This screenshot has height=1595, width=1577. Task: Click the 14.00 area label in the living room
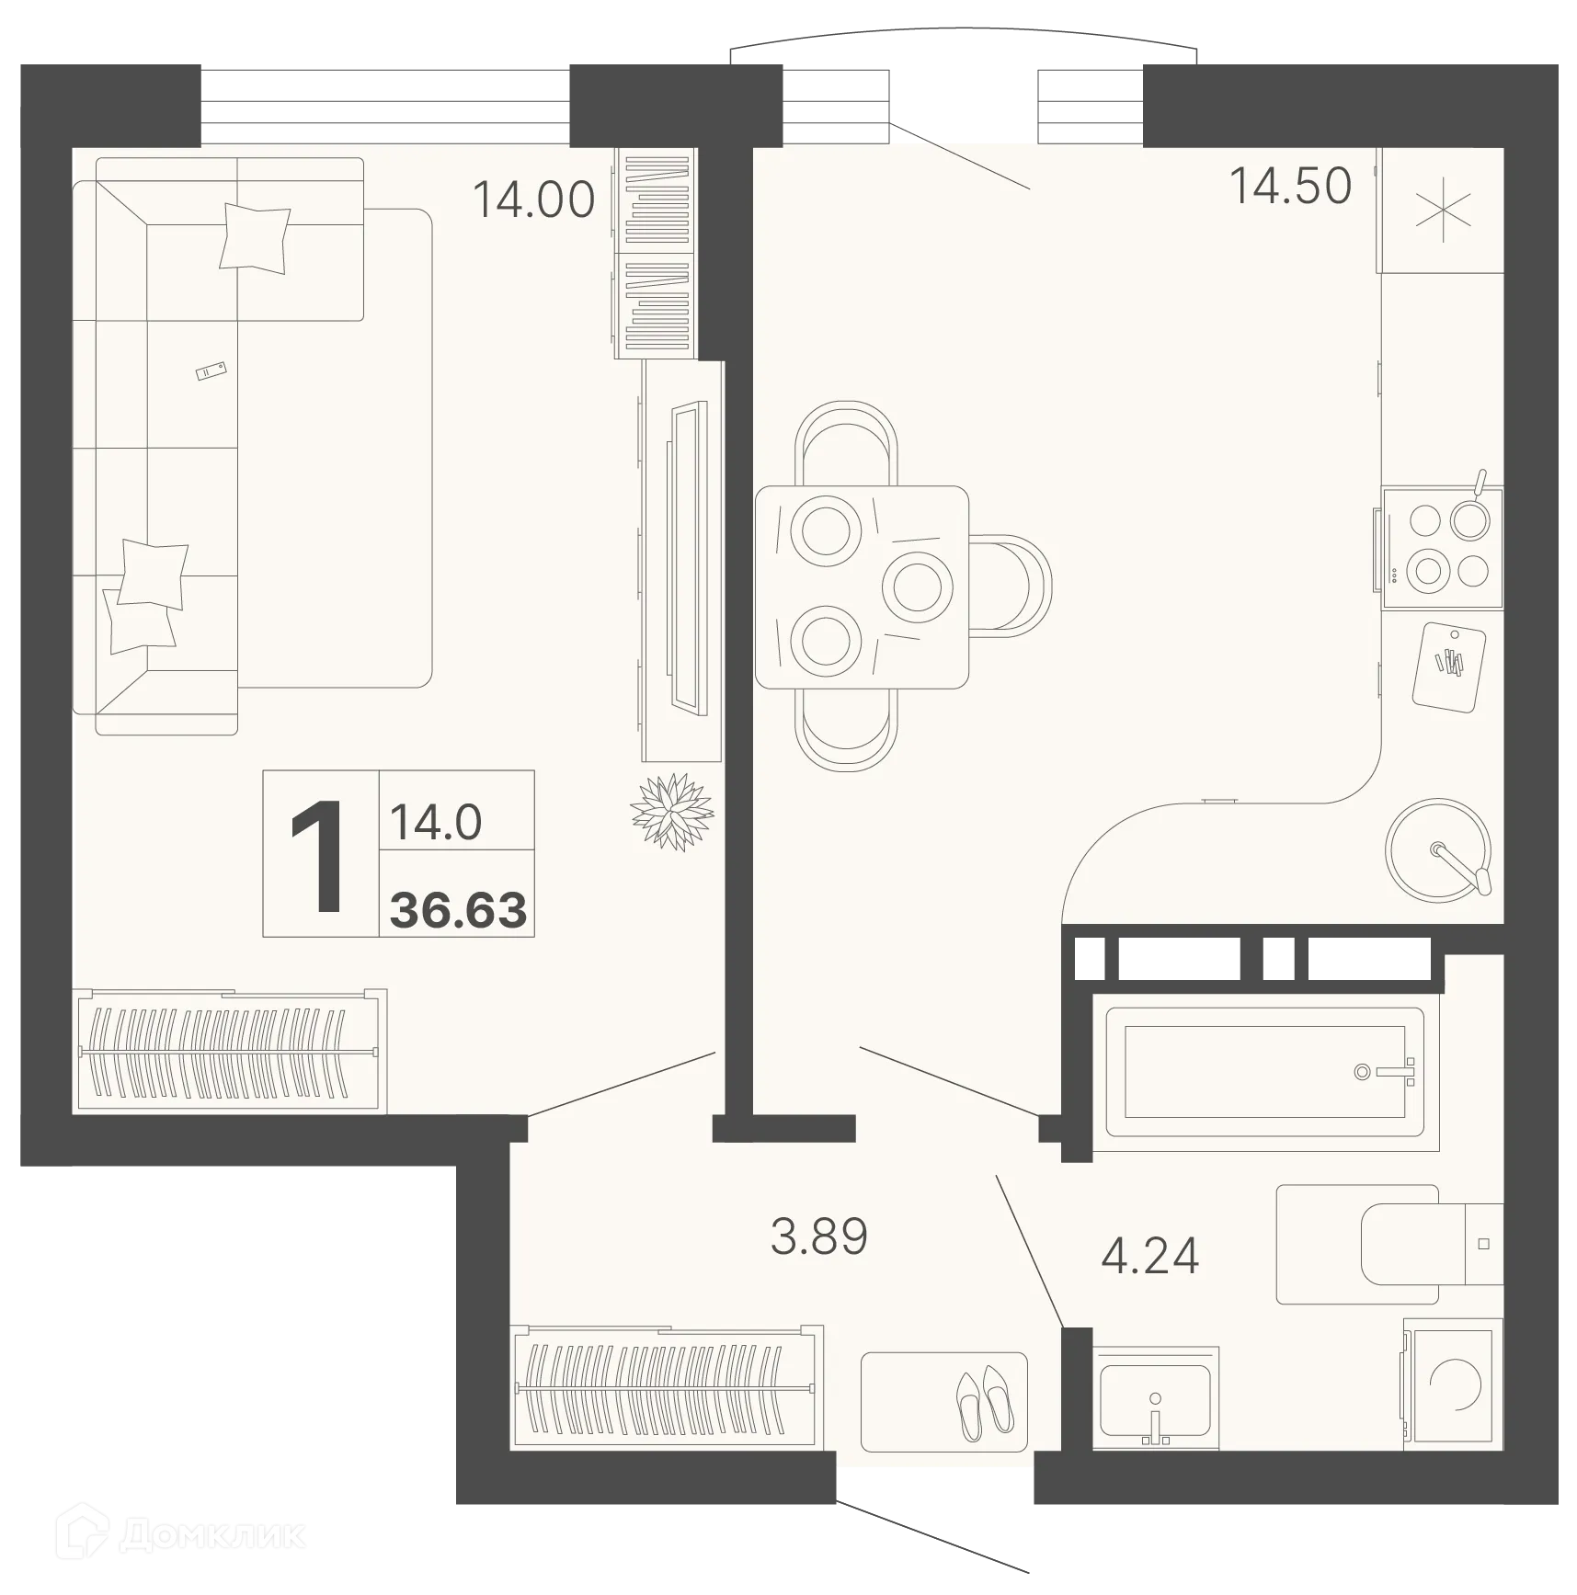click(x=533, y=199)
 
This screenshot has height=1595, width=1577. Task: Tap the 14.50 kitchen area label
click(x=1290, y=186)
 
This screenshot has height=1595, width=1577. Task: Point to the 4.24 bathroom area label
click(x=1149, y=1256)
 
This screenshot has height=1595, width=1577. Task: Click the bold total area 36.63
click(x=458, y=910)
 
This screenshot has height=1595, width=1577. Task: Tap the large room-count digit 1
click(x=317, y=857)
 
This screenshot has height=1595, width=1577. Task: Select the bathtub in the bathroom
click(x=1263, y=1072)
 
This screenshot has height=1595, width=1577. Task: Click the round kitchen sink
click(x=1437, y=850)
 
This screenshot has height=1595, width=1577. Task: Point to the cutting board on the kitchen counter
click(x=1449, y=666)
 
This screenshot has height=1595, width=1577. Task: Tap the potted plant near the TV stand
click(x=672, y=812)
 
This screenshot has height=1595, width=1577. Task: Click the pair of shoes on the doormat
click(x=984, y=1406)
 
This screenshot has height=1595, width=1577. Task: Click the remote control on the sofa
click(x=211, y=370)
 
